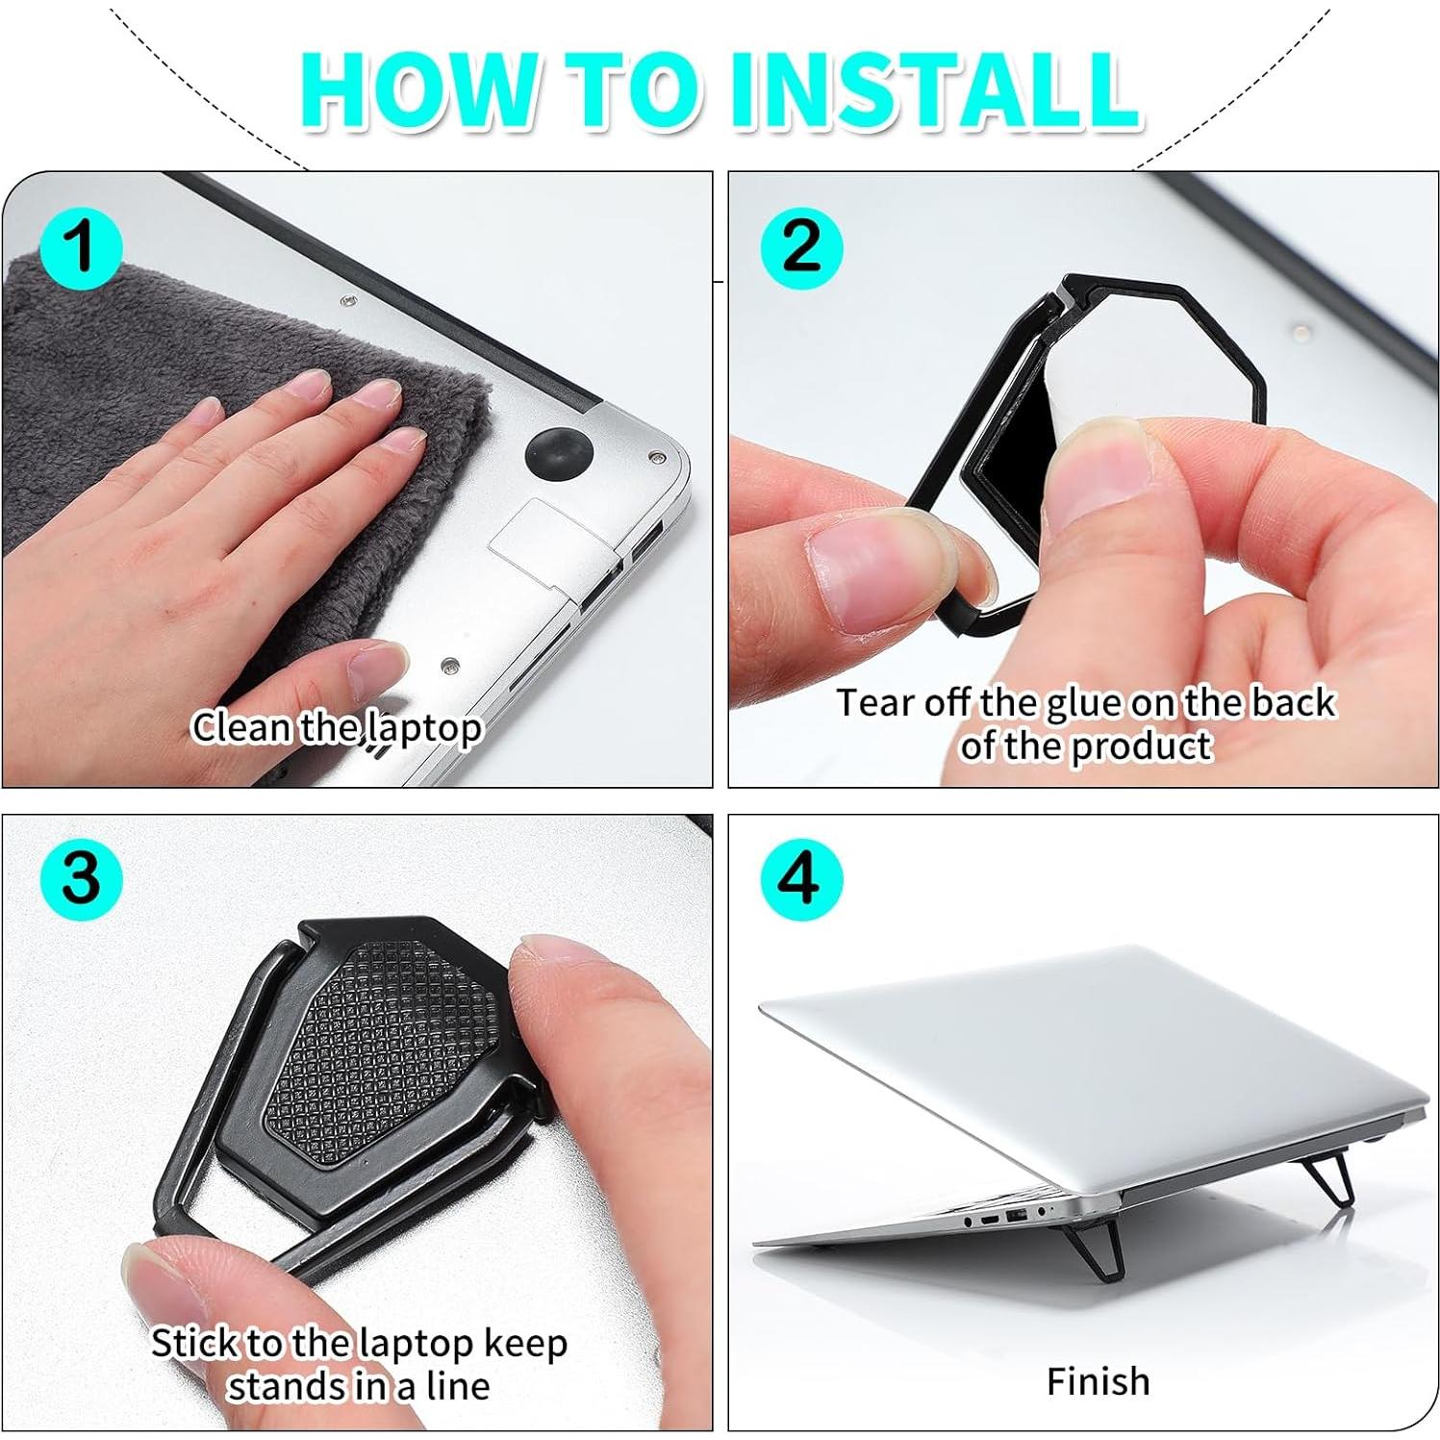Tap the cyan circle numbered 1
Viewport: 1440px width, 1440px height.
point(81,248)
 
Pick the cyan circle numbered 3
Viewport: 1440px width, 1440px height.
point(81,878)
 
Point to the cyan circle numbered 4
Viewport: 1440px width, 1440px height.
point(801,878)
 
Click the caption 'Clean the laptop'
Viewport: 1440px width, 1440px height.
point(336,727)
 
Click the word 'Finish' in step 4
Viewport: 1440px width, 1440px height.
point(1098,1381)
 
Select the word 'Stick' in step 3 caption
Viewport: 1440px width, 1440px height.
point(195,1342)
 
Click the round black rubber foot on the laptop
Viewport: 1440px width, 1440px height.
point(558,454)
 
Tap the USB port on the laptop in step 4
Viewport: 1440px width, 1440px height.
point(1017,1218)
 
